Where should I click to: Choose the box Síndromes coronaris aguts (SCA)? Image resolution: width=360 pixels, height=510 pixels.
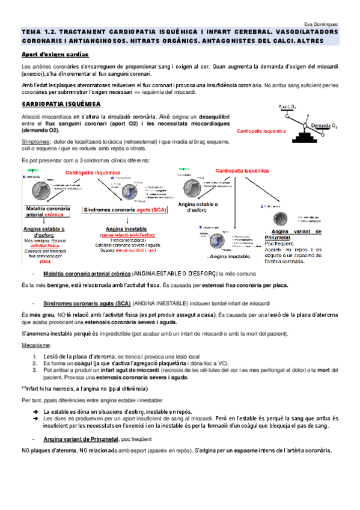[126, 209]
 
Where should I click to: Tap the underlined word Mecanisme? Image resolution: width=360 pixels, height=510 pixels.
[36, 345]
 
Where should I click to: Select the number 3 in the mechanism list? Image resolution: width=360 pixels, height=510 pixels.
[35, 370]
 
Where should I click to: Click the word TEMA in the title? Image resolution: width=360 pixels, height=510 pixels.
[30, 31]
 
